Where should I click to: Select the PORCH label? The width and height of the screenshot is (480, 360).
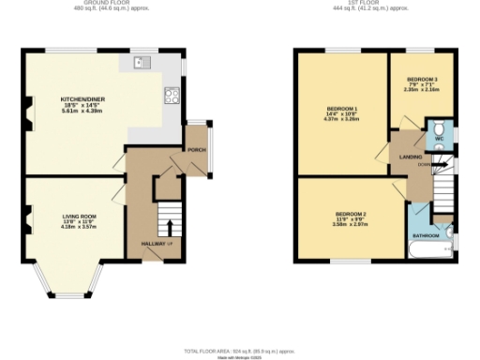click(x=196, y=149)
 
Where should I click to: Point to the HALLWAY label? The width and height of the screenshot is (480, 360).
click(x=153, y=243)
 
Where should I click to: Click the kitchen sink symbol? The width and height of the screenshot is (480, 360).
click(x=142, y=64)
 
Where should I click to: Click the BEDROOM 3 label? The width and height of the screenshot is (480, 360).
click(x=422, y=79)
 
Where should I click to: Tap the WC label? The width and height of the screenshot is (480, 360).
click(x=437, y=140)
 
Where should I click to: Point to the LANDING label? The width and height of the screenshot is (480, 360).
click(x=410, y=157)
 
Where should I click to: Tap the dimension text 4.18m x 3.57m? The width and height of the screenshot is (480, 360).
click(x=80, y=226)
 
